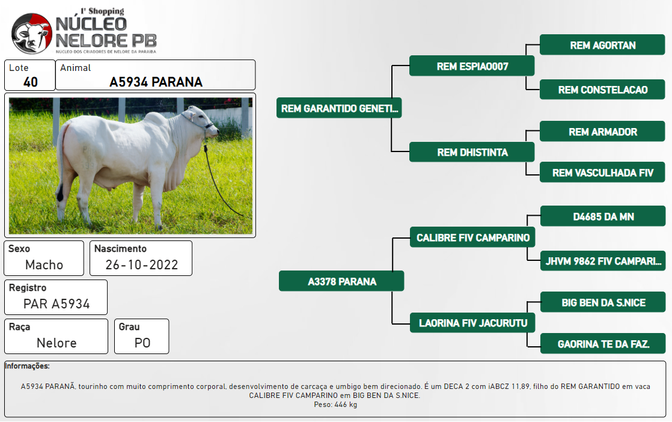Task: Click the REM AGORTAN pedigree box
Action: click(x=602, y=45)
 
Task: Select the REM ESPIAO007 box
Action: click(x=472, y=66)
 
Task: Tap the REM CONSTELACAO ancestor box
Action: click(x=602, y=90)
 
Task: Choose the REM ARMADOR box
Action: click(x=602, y=132)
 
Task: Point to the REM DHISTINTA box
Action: click(x=472, y=152)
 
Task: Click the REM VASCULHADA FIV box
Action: click(x=602, y=173)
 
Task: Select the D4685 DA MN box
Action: click(x=603, y=216)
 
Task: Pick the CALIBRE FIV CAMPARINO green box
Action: click(x=472, y=237)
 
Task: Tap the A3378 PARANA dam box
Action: click(x=341, y=281)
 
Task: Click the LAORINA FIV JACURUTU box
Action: click(x=472, y=323)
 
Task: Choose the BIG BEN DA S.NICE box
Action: click(x=603, y=302)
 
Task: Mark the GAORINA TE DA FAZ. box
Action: click(x=603, y=344)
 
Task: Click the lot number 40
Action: click(x=31, y=82)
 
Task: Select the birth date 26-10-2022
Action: click(x=142, y=265)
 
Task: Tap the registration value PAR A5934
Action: click(x=57, y=304)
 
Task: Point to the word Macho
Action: click(x=44, y=265)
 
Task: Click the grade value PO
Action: click(x=142, y=343)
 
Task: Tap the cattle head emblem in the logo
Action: click(x=31, y=34)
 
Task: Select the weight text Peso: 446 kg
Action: click(x=335, y=405)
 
